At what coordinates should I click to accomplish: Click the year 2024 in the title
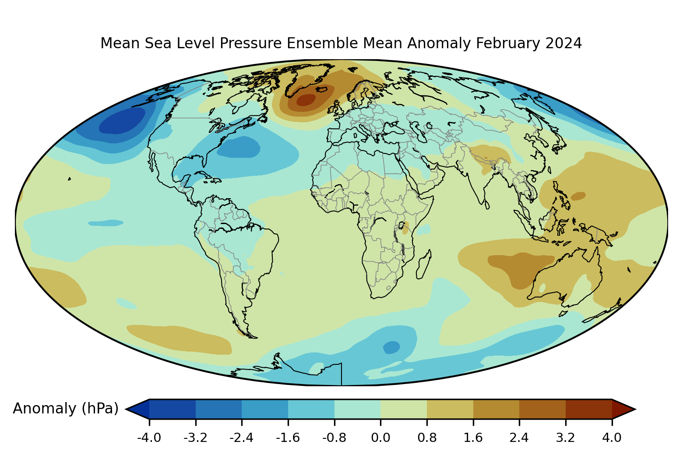tap(563, 43)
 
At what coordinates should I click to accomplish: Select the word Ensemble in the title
tap(322, 43)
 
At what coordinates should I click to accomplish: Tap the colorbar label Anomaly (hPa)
tap(66, 409)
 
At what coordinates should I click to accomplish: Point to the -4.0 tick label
tap(149, 438)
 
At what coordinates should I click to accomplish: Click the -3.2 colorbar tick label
tap(195, 438)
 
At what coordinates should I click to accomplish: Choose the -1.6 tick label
tap(288, 438)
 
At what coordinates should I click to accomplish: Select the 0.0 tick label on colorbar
tap(380, 438)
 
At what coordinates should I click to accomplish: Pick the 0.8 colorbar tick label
tap(427, 438)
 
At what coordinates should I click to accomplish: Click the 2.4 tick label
tap(519, 438)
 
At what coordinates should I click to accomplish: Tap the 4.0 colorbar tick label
tap(612, 438)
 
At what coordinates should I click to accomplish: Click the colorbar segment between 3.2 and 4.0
tap(589, 409)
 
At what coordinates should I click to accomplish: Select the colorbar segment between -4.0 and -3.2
tap(172, 409)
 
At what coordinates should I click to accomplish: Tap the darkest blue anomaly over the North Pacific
tap(122, 121)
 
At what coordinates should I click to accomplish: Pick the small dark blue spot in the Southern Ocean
tap(391, 347)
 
